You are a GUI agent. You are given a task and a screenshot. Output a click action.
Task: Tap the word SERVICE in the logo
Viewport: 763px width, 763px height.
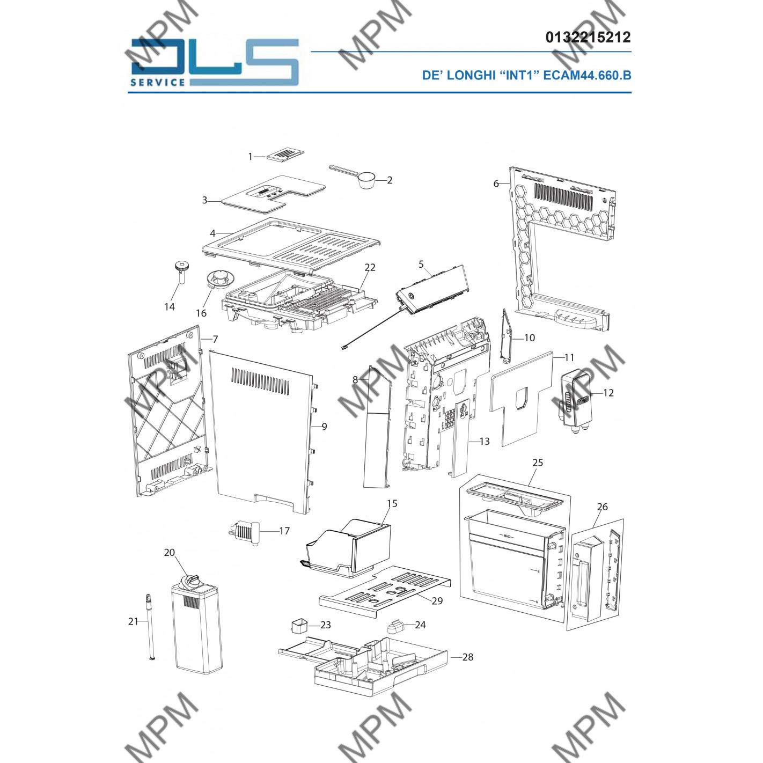(x=157, y=82)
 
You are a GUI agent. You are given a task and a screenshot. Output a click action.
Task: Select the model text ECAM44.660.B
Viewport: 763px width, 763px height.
(x=587, y=75)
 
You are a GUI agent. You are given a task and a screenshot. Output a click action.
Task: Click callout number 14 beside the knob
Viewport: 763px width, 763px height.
(x=170, y=306)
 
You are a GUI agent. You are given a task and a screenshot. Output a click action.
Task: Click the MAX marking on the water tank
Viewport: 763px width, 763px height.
(x=507, y=536)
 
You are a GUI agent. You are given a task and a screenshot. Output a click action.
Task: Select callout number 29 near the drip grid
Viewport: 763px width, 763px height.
(x=437, y=600)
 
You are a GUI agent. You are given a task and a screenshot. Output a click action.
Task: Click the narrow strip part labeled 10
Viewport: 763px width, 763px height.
(x=507, y=336)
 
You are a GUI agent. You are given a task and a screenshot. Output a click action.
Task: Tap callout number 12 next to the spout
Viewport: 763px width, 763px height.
(x=608, y=392)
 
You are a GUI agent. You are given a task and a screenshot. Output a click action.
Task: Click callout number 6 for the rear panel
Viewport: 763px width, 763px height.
(x=496, y=184)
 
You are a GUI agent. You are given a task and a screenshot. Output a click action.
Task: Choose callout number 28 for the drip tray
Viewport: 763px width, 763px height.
(x=468, y=657)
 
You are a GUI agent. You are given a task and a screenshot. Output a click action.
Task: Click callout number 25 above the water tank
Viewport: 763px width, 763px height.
(x=538, y=462)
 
